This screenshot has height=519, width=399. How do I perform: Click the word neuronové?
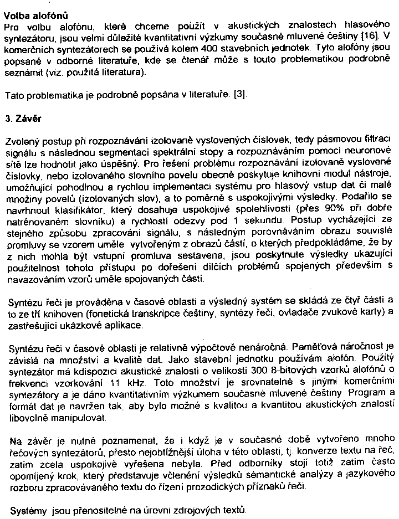click(x=367, y=151)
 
